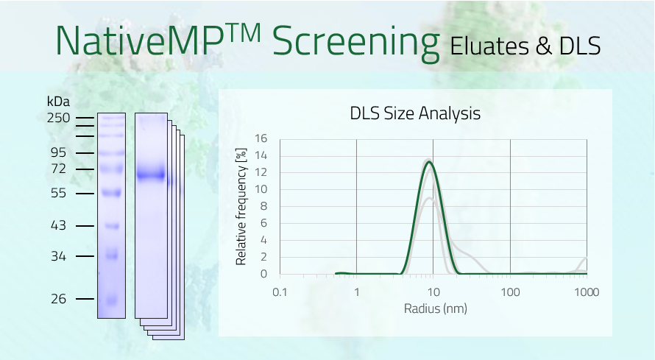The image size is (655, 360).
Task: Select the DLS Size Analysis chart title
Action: tap(415, 113)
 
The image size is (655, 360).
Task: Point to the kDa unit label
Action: tap(58, 101)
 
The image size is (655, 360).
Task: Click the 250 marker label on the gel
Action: tap(59, 118)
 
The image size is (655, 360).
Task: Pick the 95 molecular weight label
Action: tap(58, 152)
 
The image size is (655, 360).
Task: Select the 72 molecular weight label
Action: tap(58, 169)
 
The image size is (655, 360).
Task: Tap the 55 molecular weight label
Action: tap(58, 193)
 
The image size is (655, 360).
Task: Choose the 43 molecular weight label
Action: tap(58, 225)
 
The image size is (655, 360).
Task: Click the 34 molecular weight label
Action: tap(58, 256)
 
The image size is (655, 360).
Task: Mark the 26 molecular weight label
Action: tap(58, 299)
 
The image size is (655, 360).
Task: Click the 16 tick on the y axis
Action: tap(261, 138)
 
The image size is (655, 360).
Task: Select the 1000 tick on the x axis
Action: tap(586, 292)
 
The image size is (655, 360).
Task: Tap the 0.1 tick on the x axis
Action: tap(280, 292)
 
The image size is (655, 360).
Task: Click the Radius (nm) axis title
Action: tap(436, 308)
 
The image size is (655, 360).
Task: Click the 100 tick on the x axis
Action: tap(510, 292)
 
